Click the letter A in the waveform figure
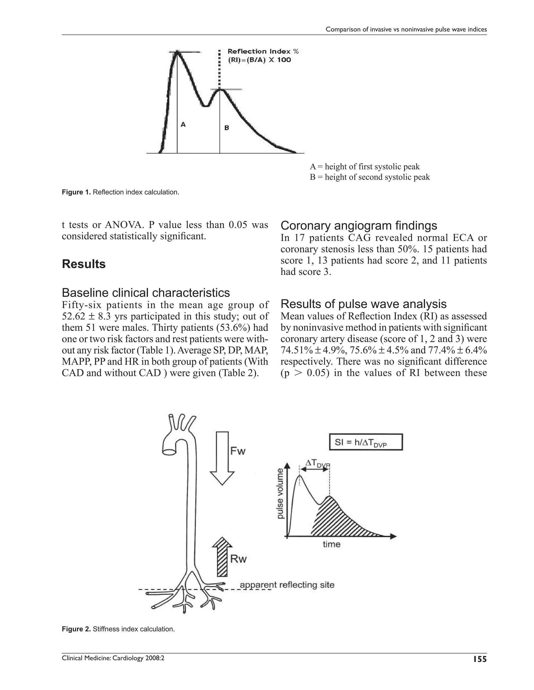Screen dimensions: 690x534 click(183, 125)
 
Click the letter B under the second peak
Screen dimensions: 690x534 click(227, 128)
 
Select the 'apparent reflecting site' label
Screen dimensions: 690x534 click(287, 585)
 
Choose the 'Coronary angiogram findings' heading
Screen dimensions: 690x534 click(359, 225)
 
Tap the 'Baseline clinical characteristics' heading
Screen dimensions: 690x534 click(146, 293)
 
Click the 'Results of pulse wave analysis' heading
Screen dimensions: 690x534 click(363, 304)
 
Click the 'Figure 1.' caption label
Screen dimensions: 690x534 click(76, 192)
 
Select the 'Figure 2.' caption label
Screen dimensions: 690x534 click(76, 629)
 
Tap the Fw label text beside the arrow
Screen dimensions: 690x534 click(238, 451)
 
